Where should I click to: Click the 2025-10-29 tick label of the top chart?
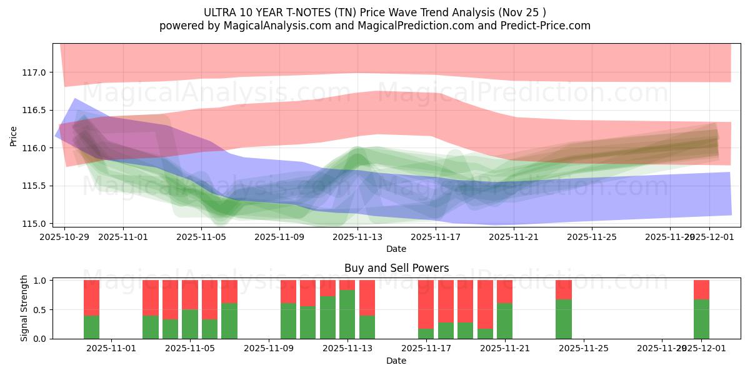(65, 237)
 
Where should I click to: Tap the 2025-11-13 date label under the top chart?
(357, 237)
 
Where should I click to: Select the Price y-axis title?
(14, 136)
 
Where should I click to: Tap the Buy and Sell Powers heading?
(396, 268)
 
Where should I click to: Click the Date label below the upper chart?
(396, 249)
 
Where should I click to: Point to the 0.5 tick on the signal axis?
(39, 309)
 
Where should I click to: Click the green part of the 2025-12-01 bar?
(701, 319)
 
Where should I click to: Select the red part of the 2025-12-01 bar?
(701, 289)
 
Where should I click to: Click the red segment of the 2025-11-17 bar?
(426, 303)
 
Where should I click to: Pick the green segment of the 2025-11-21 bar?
(504, 321)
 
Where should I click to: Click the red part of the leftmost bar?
(91, 297)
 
